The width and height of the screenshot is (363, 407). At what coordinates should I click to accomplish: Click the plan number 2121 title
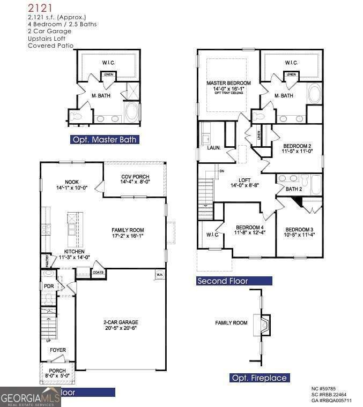coord(41,7)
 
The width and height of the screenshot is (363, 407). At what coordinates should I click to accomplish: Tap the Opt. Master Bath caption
coord(105,140)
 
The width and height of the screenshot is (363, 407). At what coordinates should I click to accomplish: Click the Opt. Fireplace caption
coord(260,378)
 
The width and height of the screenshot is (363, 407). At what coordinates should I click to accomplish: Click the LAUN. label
coord(214,147)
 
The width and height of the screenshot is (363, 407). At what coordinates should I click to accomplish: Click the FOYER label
coord(58,350)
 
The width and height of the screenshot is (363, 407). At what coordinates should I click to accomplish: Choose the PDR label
coord(49,287)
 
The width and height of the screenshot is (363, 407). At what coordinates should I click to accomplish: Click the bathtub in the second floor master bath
coord(314,95)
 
